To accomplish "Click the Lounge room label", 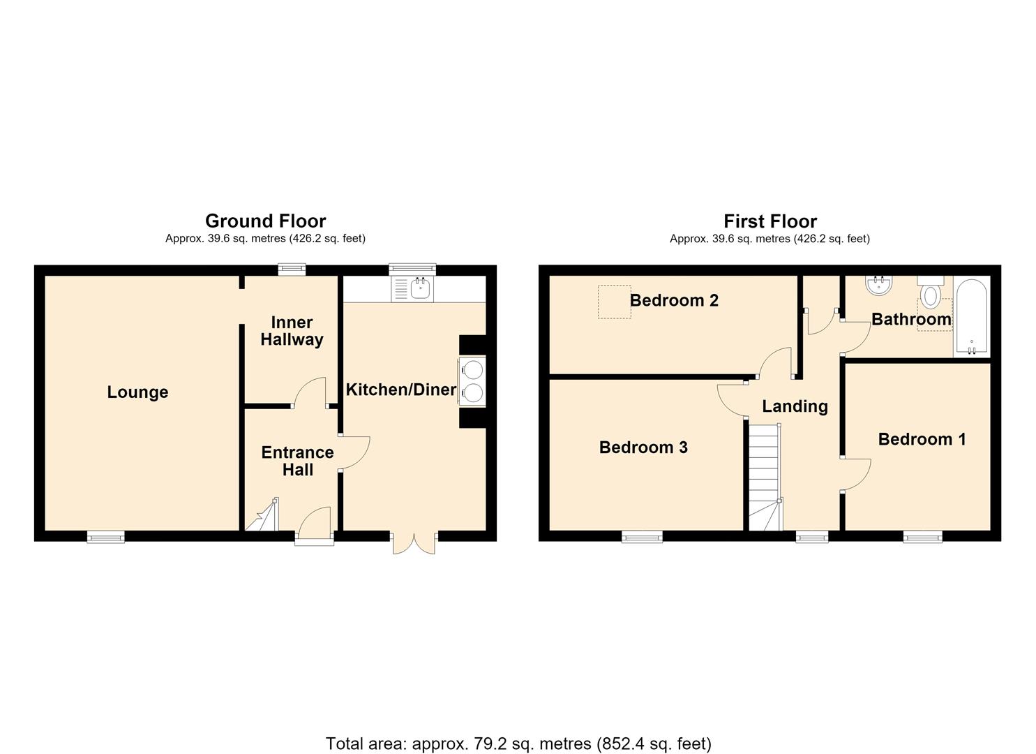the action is [x=137, y=392].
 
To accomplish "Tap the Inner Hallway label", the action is [x=292, y=330].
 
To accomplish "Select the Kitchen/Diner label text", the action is [x=401, y=390].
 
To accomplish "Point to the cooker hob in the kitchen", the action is [x=472, y=381].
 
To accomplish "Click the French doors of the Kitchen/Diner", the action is [x=414, y=542].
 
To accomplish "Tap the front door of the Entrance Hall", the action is [x=315, y=526].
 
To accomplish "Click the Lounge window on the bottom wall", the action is [x=106, y=536].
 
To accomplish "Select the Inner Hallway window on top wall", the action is [x=292, y=269].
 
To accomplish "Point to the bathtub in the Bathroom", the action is [x=971, y=317].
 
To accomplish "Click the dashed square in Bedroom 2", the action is [x=614, y=302].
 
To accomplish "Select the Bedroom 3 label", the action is [x=643, y=448].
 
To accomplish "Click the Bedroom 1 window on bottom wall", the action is [x=923, y=536].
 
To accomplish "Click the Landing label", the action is [x=795, y=406].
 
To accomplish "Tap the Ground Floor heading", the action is [x=266, y=221].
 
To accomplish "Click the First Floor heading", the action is [x=770, y=221].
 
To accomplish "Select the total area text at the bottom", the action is [x=518, y=731].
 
